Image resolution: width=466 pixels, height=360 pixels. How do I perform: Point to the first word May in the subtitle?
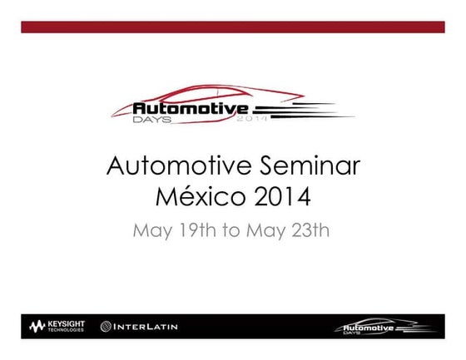152,230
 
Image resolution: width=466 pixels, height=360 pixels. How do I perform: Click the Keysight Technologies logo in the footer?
59,326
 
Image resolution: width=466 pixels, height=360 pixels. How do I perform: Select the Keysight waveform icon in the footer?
37,326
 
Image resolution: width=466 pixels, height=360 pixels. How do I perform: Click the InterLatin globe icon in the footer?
107,327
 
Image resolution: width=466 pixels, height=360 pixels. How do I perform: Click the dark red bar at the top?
232,27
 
